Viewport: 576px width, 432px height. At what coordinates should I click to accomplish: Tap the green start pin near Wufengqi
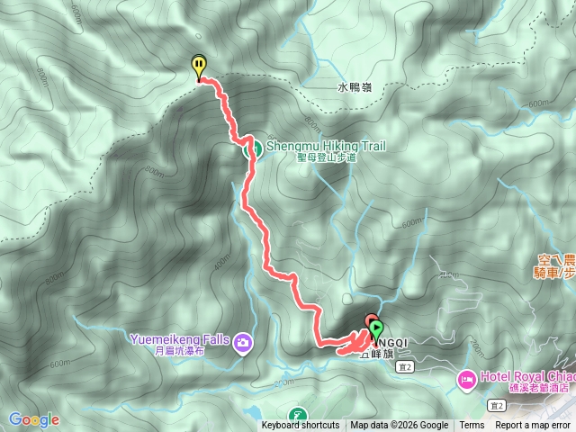point(376,330)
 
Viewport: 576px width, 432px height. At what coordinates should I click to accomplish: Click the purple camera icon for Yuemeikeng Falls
point(243,342)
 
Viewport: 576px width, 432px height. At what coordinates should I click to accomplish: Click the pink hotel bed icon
point(466,379)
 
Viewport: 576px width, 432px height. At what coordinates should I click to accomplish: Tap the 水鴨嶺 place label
point(355,87)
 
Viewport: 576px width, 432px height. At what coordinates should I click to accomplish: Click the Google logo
point(33,419)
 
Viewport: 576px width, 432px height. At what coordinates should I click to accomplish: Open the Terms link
point(472,426)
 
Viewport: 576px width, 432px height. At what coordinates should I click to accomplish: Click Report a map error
point(533,426)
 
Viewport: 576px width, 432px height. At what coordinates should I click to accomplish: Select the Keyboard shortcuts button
point(301,426)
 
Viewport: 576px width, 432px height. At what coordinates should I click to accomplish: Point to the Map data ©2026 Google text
point(400,426)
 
